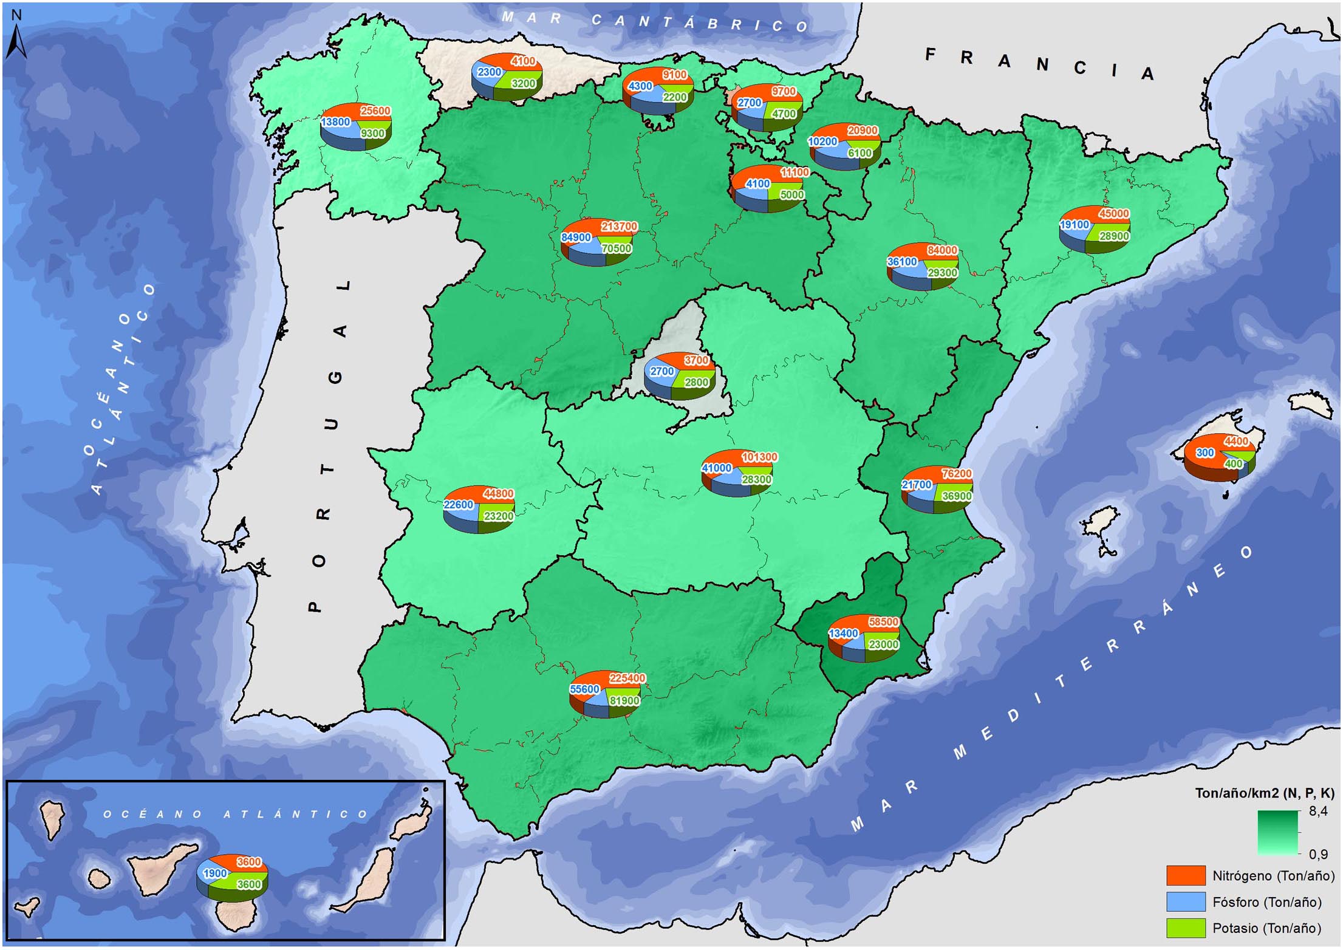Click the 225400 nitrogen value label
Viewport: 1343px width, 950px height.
[627, 678]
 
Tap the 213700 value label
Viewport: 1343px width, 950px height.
[619, 227]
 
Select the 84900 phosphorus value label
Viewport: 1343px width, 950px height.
[576, 237]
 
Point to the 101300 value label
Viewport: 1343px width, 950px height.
[759, 457]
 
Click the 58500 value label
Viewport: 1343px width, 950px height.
[883, 622]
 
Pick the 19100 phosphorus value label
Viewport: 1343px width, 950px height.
[1074, 225]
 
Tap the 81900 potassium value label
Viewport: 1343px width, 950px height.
[624, 701]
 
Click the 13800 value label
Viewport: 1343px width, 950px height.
[335, 122]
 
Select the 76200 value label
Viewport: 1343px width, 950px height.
[956, 473]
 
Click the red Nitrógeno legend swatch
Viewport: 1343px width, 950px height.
[1185, 875]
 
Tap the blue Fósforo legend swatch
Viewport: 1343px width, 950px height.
[1185, 901]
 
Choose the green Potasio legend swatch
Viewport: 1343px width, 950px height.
[1185, 928]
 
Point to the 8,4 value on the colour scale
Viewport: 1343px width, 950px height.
[1317, 811]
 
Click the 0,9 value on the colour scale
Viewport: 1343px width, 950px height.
[1317, 854]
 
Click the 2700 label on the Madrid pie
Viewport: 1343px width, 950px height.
[661, 371]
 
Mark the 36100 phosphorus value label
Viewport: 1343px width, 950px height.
[901, 262]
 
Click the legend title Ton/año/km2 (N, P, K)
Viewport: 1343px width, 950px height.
[1264, 793]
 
